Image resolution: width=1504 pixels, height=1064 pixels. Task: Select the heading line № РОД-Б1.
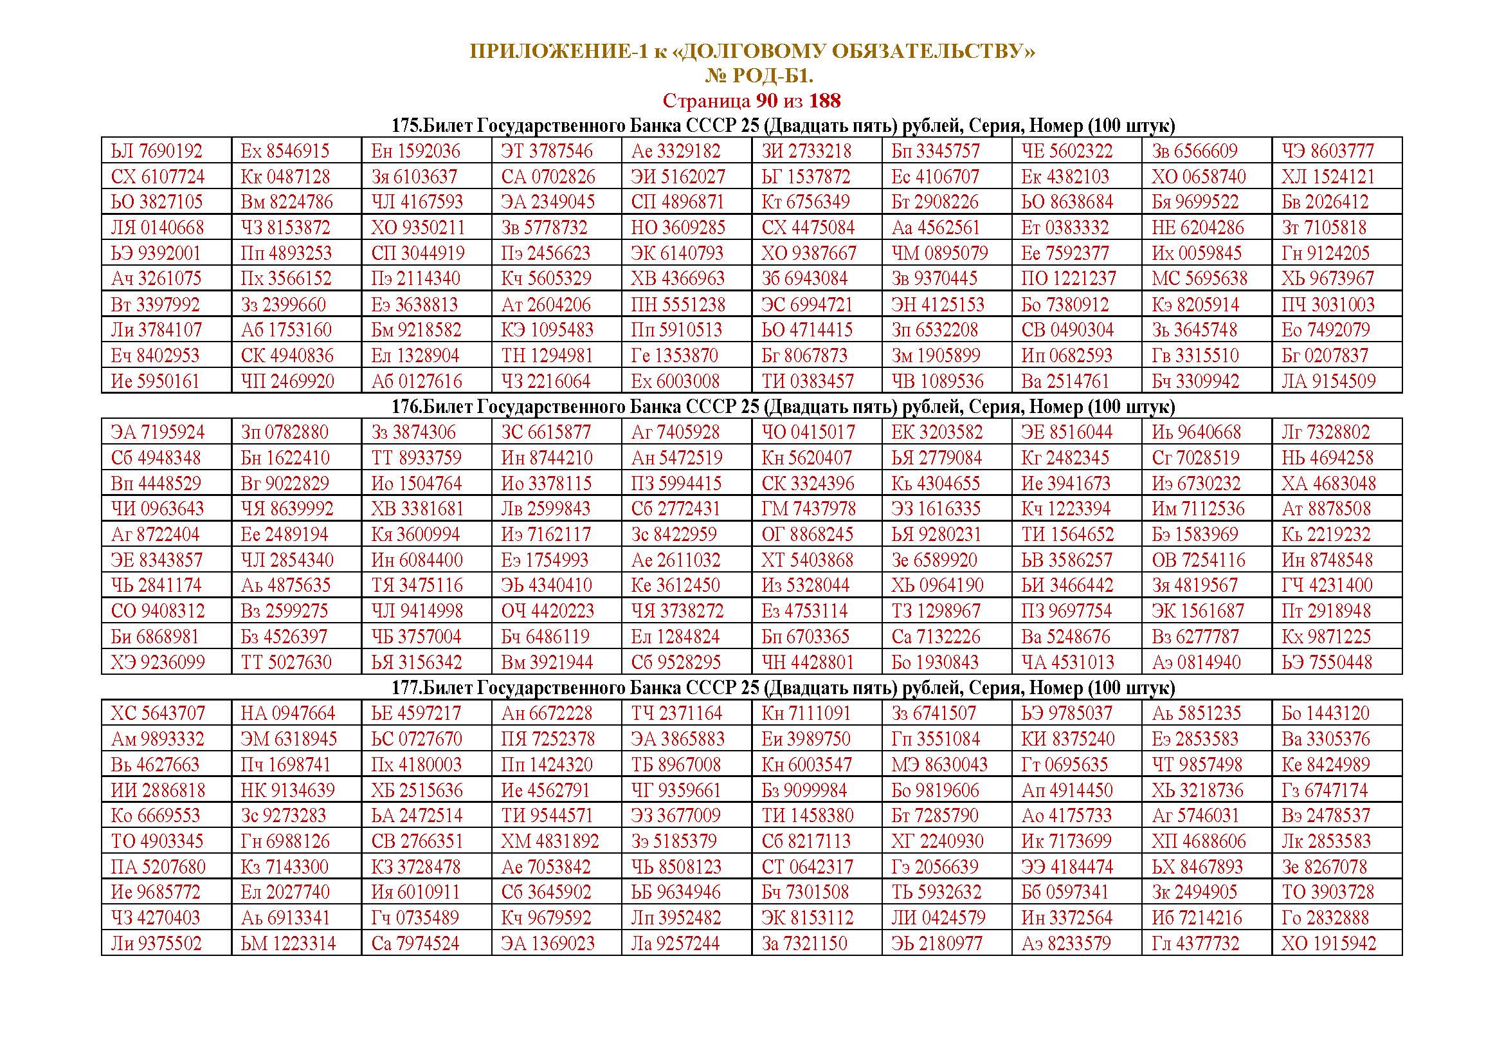[759, 77]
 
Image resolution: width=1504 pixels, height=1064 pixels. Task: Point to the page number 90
[766, 101]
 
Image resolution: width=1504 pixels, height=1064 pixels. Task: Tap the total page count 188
[824, 101]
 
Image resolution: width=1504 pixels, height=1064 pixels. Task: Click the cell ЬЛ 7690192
[156, 151]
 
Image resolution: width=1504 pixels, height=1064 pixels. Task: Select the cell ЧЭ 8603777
[1327, 151]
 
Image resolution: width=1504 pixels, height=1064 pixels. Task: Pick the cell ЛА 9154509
[1328, 381]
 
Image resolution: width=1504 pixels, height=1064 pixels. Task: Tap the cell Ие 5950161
[154, 381]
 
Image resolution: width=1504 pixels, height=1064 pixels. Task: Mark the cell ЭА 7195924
[157, 432]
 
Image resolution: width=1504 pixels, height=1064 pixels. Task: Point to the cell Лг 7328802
[1325, 432]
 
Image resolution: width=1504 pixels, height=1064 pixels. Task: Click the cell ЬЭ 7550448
[1327, 663]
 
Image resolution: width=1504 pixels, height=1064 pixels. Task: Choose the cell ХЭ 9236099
[157, 663]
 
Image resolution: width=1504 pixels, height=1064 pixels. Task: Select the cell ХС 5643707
[157, 713]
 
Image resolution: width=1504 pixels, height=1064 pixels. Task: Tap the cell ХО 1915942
[1328, 944]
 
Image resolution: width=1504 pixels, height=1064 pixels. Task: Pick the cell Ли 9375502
[156, 944]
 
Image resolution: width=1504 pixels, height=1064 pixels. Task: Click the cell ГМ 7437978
[808, 509]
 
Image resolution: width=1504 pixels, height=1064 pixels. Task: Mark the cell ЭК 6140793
[676, 253]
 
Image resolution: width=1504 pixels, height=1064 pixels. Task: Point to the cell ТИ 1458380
[807, 816]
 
